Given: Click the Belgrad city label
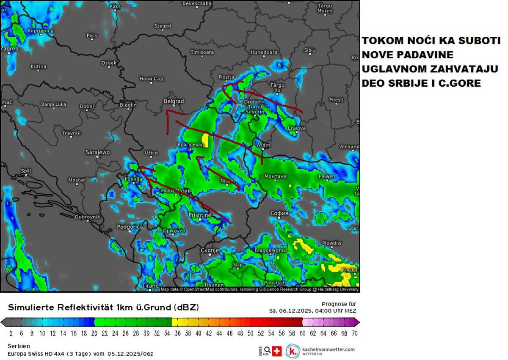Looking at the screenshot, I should click(x=174, y=102).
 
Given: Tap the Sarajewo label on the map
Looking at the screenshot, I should click(x=98, y=152).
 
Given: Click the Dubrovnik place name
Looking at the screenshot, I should click(x=87, y=217).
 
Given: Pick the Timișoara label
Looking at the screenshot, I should click(x=202, y=52).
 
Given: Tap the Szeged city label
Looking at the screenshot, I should click(x=163, y=26).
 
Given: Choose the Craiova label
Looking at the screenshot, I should click(x=297, y=128).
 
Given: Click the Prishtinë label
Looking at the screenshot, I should click(x=199, y=215).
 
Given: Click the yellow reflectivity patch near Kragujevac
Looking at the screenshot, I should click(x=205, y=140).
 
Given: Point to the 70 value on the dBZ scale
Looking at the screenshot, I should click(x=355, y=333).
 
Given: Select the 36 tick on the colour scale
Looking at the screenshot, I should click(x=177, y=333).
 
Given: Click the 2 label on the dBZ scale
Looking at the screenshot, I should click(x=11, y=333).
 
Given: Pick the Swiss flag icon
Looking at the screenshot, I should click(x=277, y=351).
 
